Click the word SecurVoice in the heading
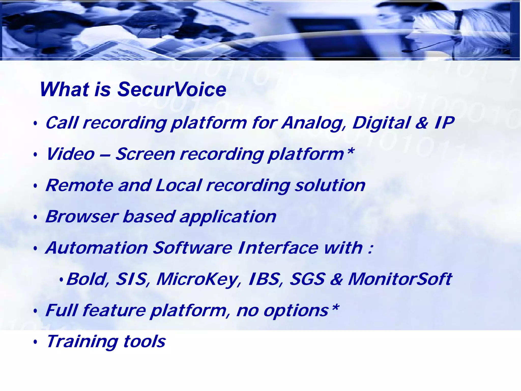[x=172, y=90]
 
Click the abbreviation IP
[x=444, y=123]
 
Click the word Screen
[x=145, y=154]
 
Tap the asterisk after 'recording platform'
[x=350, y=151]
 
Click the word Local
[x=179, y=185]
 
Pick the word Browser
[x=82, y=217]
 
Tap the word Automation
[x=97, y=248]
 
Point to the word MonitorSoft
[x=400, y=279]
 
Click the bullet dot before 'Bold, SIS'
[x=61, y=280]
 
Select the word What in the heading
[x=65, y=90]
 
